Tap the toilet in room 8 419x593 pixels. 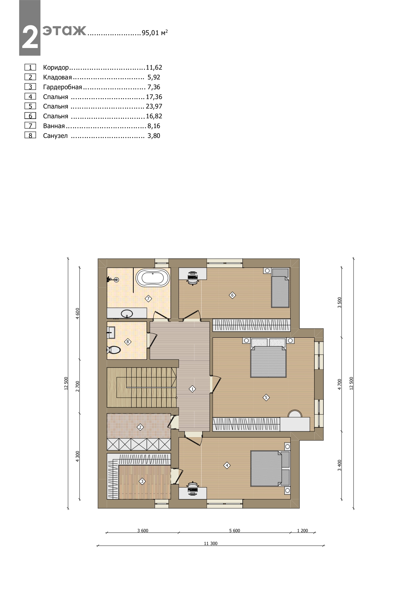pyautogui.click(x=113, y=350)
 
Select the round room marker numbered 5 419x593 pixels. pyautogui.click(x=266, y=398)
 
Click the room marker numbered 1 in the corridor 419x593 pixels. pyautogui.click(x=192, y=389)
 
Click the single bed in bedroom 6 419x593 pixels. pyautogui.click(x=280, y=288)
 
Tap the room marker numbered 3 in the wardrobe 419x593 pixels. pyautogui.click(x=142, y=481)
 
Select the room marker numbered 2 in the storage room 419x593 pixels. pyautogui.click(x=140, y=427)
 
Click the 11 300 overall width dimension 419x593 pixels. pyautogui.click(x=211, y=544)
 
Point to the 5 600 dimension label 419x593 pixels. pyautogui.click(x=234, y=530)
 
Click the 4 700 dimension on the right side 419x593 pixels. pyautogui.click(x=340, y=384)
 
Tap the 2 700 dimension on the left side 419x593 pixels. pyautogui.click(x=77, y=386)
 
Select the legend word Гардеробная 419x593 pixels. pyautogui.click(x=62, y=87)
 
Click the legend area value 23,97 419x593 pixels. pyautogui.click(x=154, y=106)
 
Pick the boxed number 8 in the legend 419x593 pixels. pyautogui.click(x=30, y=136)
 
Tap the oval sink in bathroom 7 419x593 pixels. pyautogui.click(x=127, y=313)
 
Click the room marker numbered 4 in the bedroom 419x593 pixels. pyautogui.click(x=227, y=466)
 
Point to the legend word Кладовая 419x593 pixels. pyautogui.click(x=57, y=77)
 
